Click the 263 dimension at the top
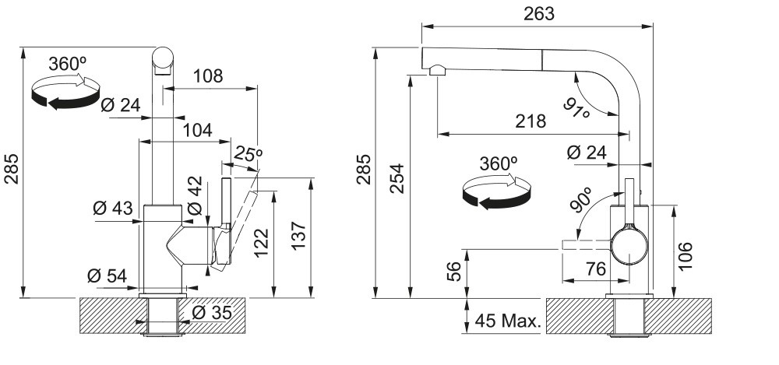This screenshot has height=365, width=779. pos(539,14)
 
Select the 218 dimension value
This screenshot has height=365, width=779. pos(530,121)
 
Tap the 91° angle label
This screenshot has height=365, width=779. pos(576,107)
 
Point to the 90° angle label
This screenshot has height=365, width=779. pos(581,200)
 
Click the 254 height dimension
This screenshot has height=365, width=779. pos(397,178)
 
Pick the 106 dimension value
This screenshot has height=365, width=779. pos(685,256)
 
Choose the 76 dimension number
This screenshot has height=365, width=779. pos(596,268)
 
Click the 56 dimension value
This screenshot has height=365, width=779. pos(454,271)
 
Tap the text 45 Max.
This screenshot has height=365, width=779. pos(507,321)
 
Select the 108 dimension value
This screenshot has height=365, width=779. pos(208,76)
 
